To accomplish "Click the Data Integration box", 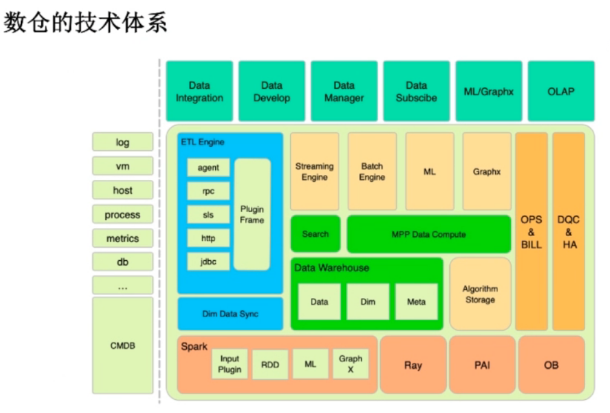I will click(x=199, y=91).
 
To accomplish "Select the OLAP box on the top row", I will click(x=560, y=91).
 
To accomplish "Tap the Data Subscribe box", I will click(x=416, y=91).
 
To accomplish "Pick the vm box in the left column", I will click(x=122, y=166).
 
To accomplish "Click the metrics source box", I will click(x=122, y=239).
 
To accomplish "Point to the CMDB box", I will click(x=122, y=345).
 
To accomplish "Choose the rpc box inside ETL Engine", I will click(x=208, y=191).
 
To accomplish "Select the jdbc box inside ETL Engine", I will click(x=208, y=261).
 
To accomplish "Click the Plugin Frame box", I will click(x=251, y=214).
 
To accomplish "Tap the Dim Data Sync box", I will click(x=230, y=314).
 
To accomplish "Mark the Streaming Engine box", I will click(x=314, y=171).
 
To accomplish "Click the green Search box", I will click(x=315, y=234).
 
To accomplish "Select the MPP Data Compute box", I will click(x=429, y=234).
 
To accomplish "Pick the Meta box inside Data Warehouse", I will click(x=416, y=301).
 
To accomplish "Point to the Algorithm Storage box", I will click(x=480, y=294).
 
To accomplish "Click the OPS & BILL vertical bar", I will click(x=531, y=231).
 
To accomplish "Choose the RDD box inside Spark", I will click(x=270, y=364).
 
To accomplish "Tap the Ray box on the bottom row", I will click(x=413, y=365).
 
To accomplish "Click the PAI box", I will click(x=482, y=365).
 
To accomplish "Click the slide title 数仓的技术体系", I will click(x=85, y=23).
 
